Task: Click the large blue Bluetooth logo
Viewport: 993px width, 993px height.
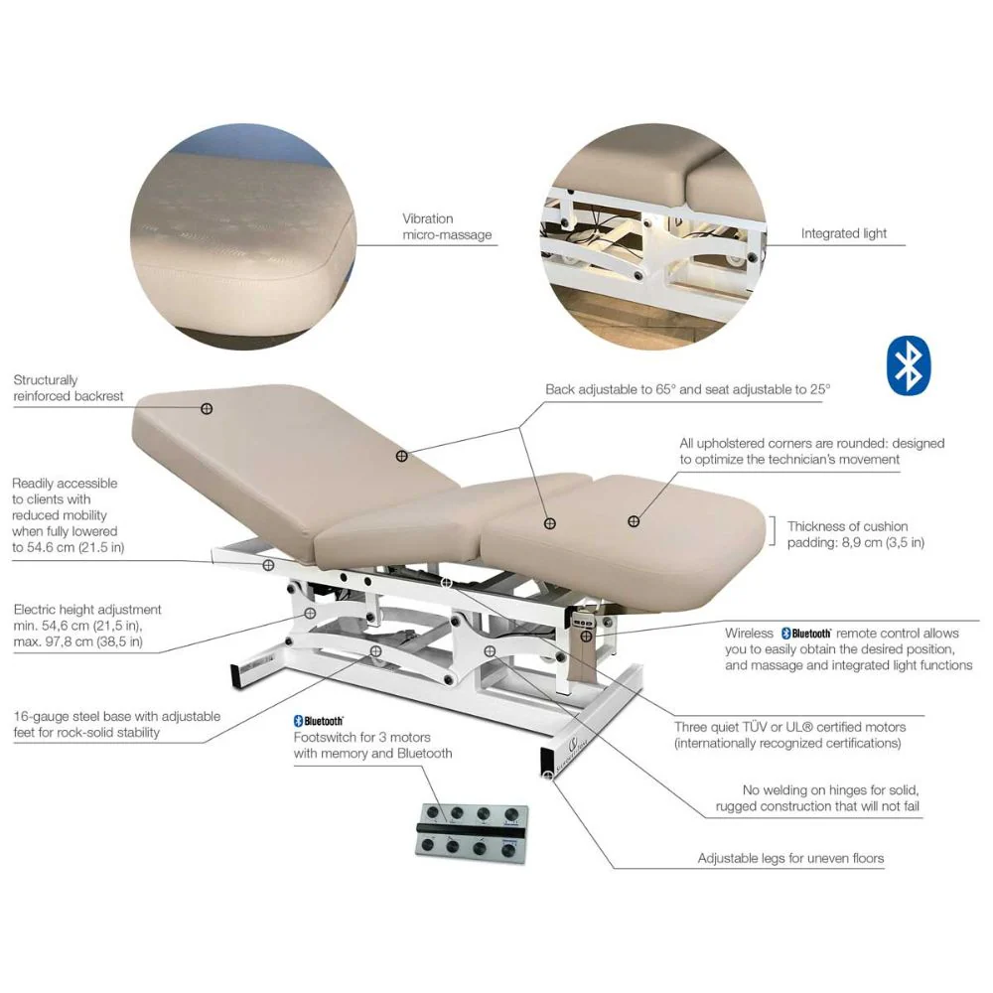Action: (x=909, y=365)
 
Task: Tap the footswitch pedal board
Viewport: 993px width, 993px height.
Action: (x=472, y=833)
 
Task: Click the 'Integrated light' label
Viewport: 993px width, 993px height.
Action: (x=843, y=233)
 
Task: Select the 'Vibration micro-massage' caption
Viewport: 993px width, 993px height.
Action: (x=447, y=226)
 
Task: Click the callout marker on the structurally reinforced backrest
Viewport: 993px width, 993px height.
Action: (x=207, y=408)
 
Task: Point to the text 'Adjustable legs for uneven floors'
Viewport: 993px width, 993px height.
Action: (x=790, y=858)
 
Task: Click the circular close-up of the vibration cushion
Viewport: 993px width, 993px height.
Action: (x=243, y=236)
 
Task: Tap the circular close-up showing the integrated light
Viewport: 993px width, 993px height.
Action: (x=653, y=236)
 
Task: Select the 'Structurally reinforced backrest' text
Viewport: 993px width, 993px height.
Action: (x=69, y=387)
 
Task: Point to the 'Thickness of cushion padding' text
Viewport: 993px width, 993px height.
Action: (x=856, y=534)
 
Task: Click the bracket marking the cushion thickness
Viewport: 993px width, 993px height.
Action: (x=774, y=530)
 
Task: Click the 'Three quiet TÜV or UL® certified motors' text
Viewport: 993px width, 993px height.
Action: (x=789, y=735)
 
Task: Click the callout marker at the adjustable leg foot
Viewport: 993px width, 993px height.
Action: (x=548, y=776)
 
